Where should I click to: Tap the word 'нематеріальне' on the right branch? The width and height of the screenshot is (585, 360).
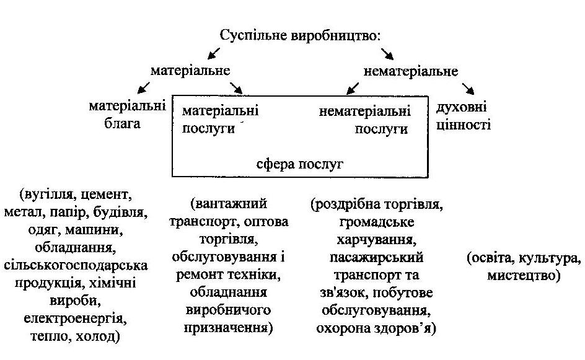pyautogui.click(x=411, y=71)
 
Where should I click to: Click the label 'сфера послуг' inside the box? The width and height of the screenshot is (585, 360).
pyautogui.click(x=300, y=164)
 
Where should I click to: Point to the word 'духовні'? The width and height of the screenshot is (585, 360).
pyautogui.click(x=462, y=107)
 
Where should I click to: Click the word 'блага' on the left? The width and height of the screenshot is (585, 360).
pyautogui.click(x=123, y=123)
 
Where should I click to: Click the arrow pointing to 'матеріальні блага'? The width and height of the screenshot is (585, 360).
pyautogui.click(x=143, y=86)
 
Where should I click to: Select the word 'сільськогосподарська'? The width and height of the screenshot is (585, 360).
pyautogui.click(x=75, y=266)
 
